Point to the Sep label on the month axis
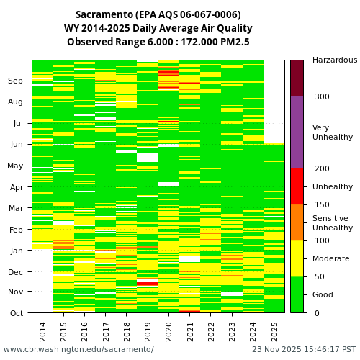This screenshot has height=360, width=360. pos(16,81)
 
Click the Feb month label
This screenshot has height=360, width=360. pos(16,230)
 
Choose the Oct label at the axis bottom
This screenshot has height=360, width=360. pos(16,313)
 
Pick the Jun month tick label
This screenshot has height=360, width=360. pos(16,145)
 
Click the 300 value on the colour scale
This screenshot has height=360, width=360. pos(321,96)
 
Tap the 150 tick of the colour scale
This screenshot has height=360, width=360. pos(321,204)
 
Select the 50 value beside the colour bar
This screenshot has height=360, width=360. pos(319,276)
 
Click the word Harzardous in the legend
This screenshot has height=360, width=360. pos(334,60)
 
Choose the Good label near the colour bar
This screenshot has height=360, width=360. pos(323,294)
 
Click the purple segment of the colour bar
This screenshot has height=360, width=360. pos(297,132)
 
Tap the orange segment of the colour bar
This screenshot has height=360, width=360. pos(297,222)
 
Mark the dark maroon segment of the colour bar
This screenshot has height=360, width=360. pos(297,78)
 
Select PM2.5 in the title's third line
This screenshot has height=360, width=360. pos(235,42)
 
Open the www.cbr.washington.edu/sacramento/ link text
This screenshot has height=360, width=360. pos(78,349)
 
